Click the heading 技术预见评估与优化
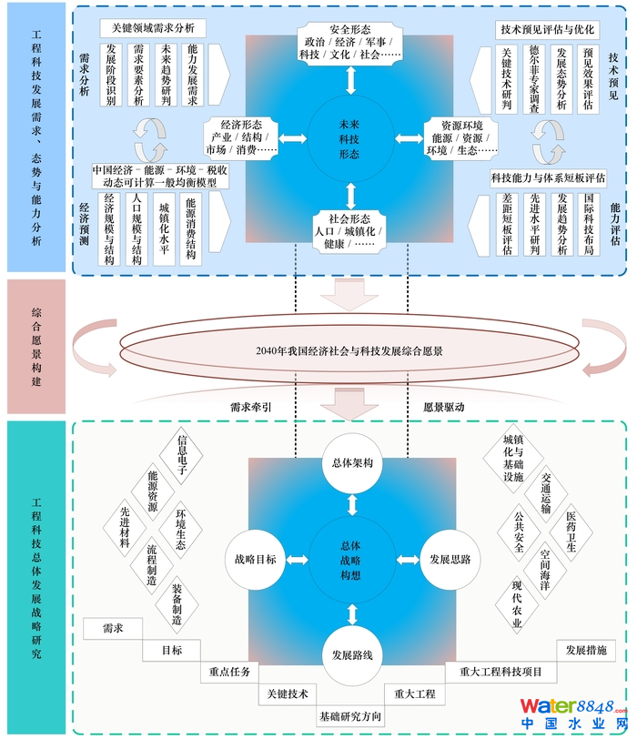pos(547,29)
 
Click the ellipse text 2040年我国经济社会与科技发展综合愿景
pos(349,350)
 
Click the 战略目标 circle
pos(255,559)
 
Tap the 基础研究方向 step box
pos(350,717)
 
